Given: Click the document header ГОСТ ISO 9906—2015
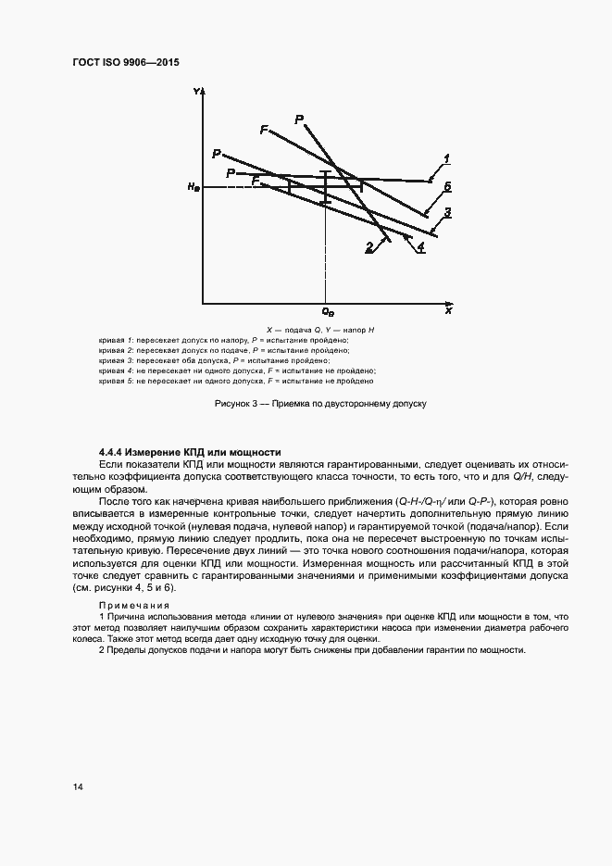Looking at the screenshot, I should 125,62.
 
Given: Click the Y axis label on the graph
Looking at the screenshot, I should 196,92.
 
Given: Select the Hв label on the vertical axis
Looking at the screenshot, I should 192,188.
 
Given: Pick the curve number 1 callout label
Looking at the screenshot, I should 446,158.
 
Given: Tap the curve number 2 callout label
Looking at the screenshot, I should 368,246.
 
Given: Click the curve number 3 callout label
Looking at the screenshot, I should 447,213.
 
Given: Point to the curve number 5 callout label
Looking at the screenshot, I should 446,187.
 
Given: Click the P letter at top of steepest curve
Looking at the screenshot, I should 299,119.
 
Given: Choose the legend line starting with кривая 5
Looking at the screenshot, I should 236,381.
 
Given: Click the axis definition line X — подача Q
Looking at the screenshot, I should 318,331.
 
